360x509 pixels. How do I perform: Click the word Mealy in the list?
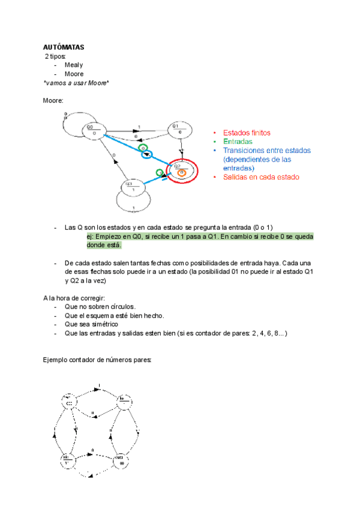click(x=74, y=65)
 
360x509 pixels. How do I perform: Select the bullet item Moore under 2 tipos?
click(x=75, y=74)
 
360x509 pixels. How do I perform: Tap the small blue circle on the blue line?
click(x=146, y=155)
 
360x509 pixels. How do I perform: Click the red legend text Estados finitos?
click(x=247, y=133)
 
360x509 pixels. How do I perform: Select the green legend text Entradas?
click(x=238, y=142)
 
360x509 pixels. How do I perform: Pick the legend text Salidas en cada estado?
click(x=261, y=177)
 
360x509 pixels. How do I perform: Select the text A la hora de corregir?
click(x=74, y=298)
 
